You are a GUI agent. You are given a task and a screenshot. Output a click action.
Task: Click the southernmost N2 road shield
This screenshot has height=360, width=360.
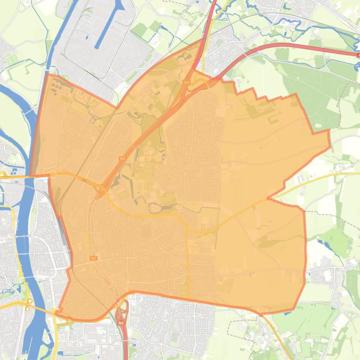coord(121,323)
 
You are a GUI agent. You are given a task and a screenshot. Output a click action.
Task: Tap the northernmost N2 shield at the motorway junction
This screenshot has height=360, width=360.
coord(187,82)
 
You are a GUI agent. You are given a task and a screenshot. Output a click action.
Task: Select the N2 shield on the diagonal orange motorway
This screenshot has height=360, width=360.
coord(122,158)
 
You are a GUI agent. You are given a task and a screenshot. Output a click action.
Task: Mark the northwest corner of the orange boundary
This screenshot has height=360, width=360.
coord(47,74)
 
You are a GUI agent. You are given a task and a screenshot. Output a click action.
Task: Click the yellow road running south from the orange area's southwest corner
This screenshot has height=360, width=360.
coord(55,337)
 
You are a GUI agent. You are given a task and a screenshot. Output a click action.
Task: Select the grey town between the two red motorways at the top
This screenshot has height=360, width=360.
coord(224,51)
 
